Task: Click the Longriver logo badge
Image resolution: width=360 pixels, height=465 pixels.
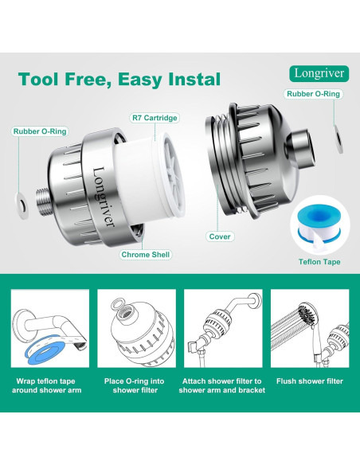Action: coord(319,73)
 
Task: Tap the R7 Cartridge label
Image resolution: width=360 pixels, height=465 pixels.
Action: coord(155,118)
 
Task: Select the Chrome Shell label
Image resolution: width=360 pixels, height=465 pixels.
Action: coord(145,255)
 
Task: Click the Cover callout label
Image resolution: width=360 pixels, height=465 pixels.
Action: coord(220,236)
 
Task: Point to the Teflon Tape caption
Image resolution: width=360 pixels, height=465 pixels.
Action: coord(319,262)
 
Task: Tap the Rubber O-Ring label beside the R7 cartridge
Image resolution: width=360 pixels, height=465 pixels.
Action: coord(40,131)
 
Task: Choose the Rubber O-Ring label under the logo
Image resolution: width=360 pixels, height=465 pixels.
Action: coord(313,94)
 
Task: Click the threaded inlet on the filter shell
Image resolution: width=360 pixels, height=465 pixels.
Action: coord(44,201)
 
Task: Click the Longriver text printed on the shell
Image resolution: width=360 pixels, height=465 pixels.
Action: coord(103,197)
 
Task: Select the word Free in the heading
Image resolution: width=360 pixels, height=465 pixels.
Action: coord(88,79)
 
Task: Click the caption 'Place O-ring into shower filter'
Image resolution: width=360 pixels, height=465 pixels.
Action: coord(135,385)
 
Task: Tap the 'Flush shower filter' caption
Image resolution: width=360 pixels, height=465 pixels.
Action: coord(310,381)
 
